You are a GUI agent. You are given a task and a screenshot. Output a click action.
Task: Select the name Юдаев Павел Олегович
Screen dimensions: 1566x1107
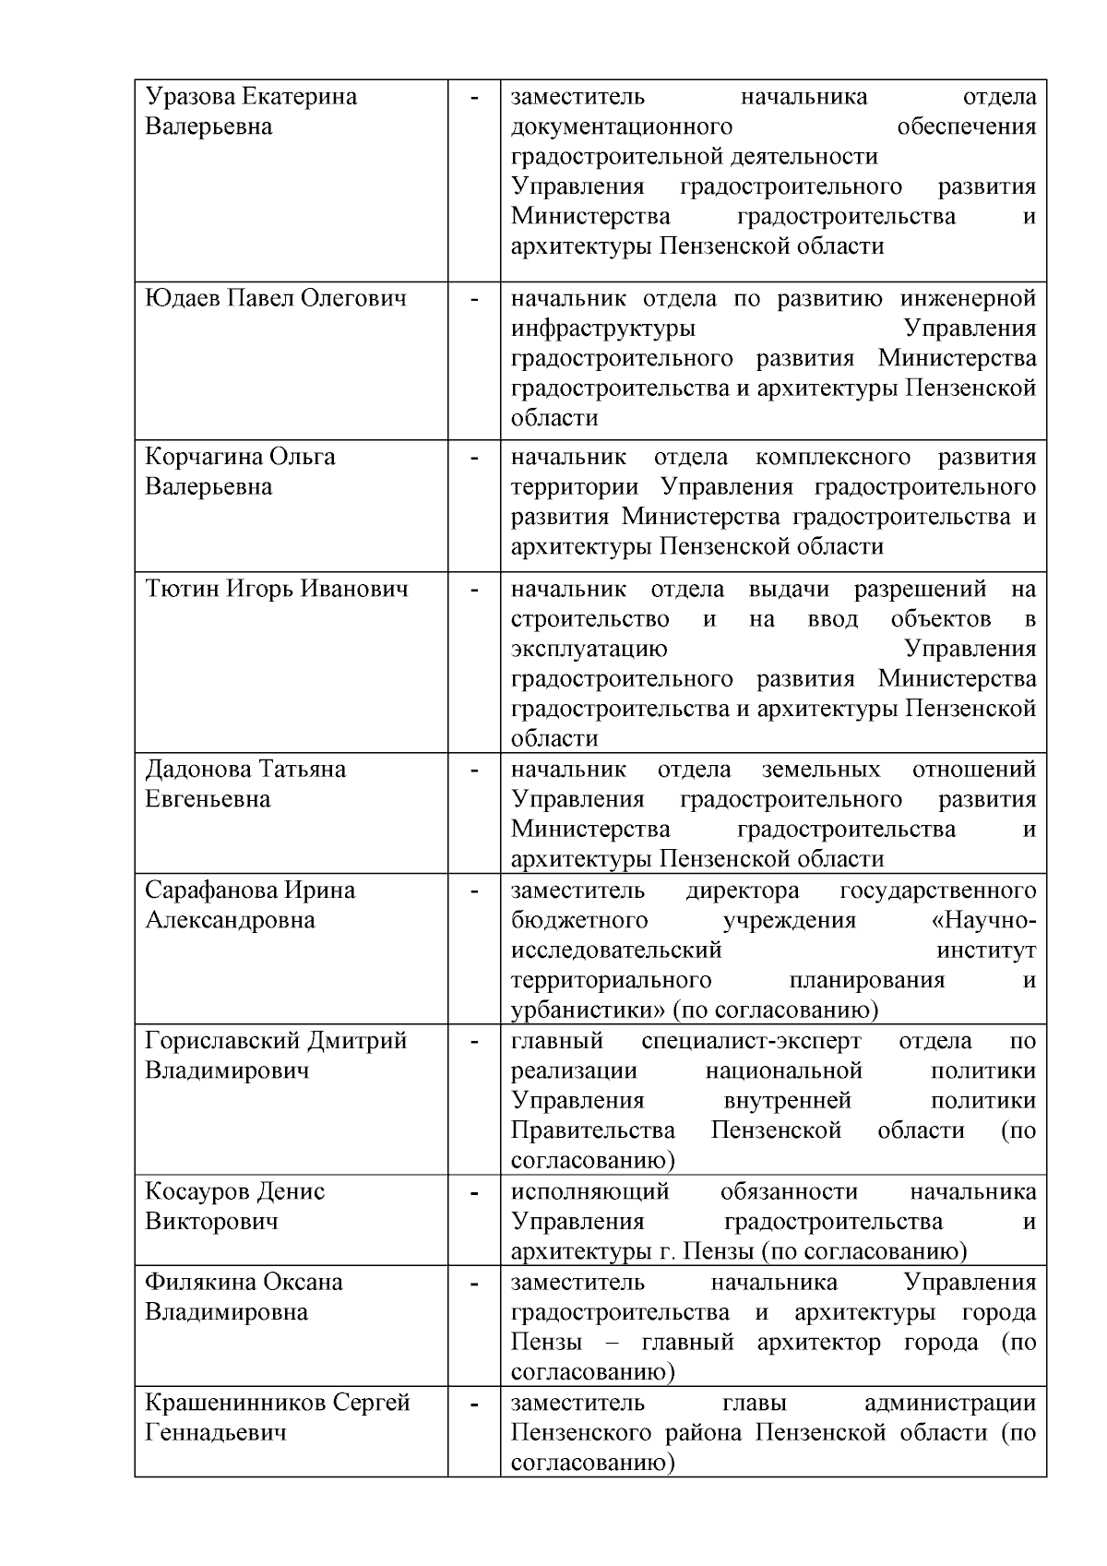276,299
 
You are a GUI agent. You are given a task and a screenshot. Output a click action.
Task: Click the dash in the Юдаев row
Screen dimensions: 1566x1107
474,299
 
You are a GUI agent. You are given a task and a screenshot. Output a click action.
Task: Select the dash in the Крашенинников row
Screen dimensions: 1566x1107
474,1403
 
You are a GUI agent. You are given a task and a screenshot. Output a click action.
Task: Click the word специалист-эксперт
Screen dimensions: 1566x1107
751,1041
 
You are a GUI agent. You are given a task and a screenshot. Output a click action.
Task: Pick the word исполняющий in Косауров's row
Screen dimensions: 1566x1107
590,1191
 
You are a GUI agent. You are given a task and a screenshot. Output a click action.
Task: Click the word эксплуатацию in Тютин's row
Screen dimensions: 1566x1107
589,649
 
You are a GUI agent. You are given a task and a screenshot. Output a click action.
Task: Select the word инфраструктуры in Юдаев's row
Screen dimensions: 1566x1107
603,329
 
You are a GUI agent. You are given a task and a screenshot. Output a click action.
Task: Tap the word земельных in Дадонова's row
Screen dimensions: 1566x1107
821,769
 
